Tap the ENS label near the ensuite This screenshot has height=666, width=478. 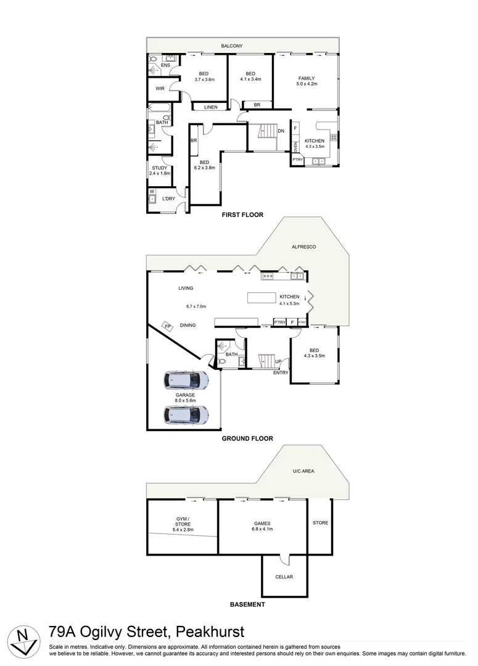[165, 65]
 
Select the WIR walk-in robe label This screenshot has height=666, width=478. [160, 89]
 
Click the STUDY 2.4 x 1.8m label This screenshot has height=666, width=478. [159, 171]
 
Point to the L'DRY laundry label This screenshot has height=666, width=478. [168, 199]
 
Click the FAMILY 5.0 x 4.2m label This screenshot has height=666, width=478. [307, 81]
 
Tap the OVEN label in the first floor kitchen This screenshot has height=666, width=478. [295, 147]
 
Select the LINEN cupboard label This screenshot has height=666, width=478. [211, 108]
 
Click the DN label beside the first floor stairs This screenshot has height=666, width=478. [281, 131]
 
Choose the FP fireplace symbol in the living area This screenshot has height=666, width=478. [167, 326]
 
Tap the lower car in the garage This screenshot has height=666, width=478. [186, 415]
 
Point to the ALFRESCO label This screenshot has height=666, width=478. [303, 247]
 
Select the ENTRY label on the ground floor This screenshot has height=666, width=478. [281, 372]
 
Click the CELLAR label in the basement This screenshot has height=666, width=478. [284, 577]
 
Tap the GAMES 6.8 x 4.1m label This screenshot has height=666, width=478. [263, 526]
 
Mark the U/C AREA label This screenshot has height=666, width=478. [303, 471]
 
